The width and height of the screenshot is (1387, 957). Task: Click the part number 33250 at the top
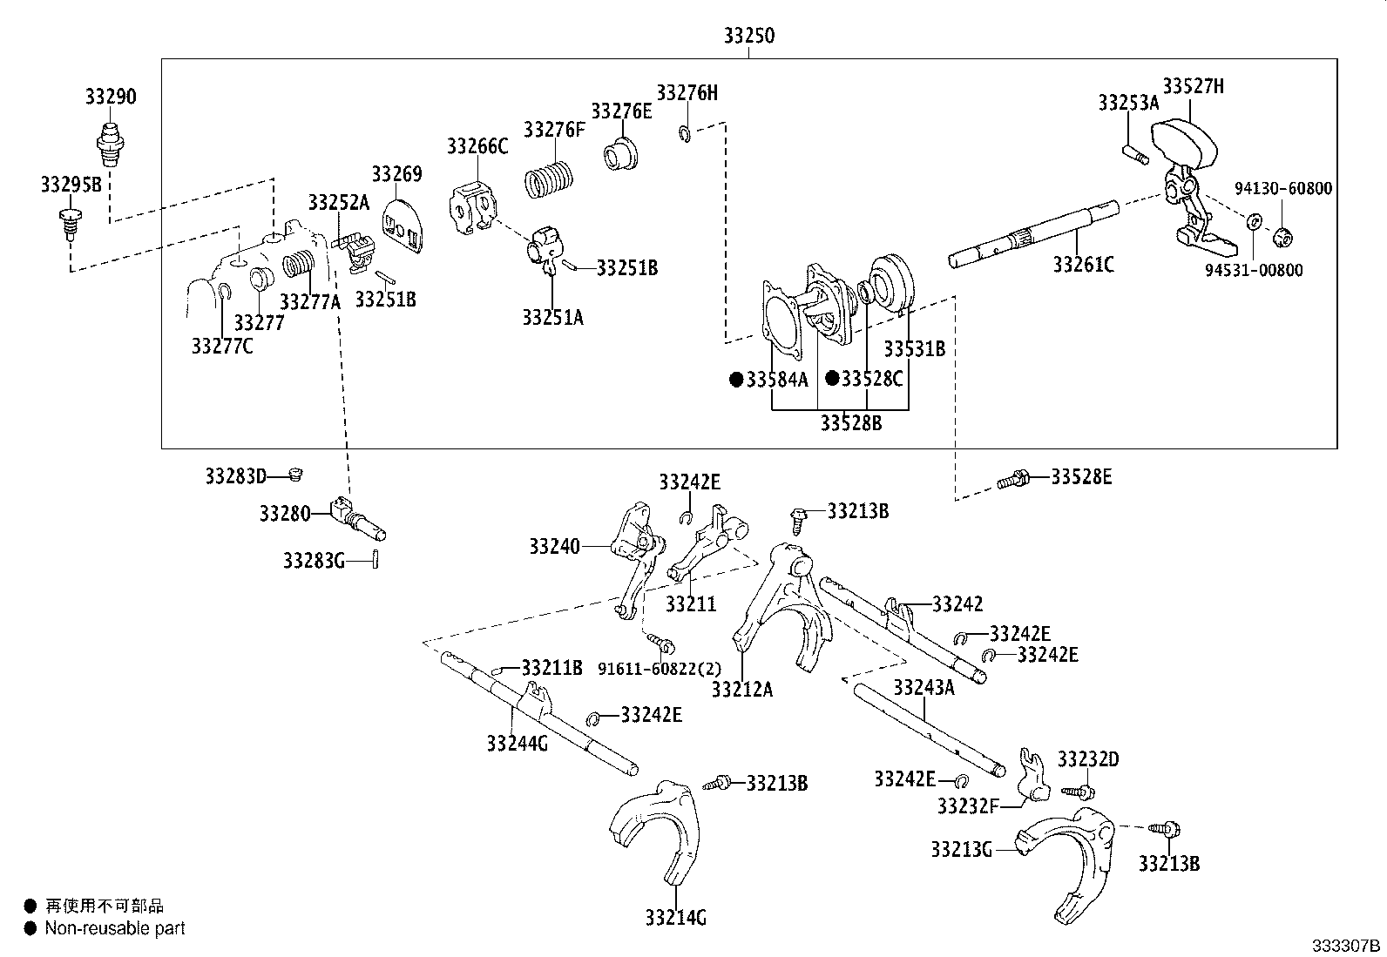[748, 37]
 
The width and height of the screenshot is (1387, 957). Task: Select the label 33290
[111, 97]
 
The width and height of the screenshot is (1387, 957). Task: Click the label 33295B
[71, 184]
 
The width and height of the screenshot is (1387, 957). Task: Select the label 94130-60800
[1283, 188]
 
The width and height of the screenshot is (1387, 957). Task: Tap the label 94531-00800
[1254, 270]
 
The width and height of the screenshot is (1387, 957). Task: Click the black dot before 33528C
[832, 379]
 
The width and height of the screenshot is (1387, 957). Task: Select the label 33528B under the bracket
[850, 423]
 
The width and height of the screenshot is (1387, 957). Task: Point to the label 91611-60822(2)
[660, 669]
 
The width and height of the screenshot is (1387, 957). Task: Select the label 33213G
[961, 849]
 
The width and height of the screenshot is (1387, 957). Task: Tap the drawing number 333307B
[1348, 946]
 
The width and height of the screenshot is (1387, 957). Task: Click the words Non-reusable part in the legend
[115, 929]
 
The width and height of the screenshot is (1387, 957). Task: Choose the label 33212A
[741, 690]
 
